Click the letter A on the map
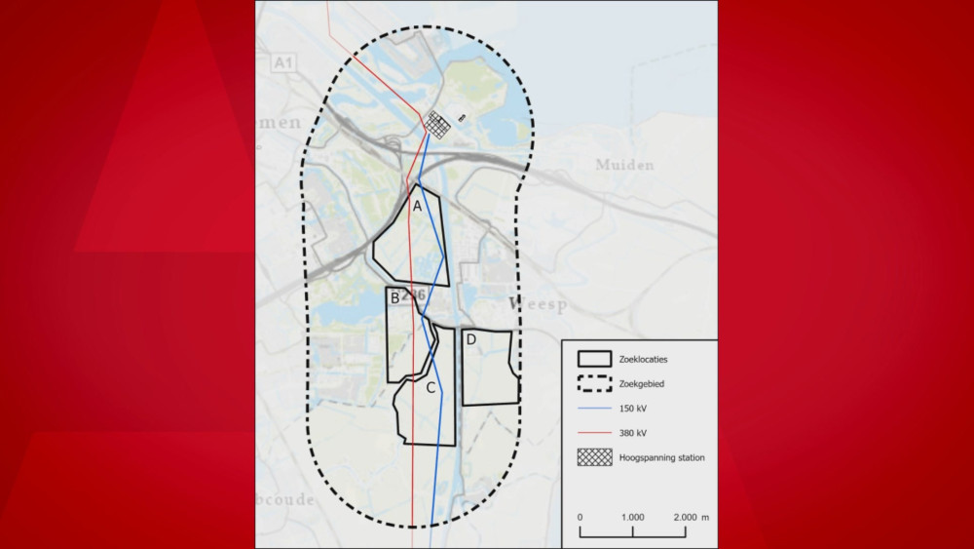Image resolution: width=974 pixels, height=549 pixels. tap(417, 206)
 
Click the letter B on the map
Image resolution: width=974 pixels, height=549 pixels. tap(394, 297)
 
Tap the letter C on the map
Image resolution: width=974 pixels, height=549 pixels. tap(431, 387)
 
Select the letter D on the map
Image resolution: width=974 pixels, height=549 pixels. tap(470, 339)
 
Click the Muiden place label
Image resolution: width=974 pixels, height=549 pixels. tap(624, 165)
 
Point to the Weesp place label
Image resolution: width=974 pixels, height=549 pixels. tap(537, 305)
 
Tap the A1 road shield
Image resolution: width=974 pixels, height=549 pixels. tap(282, 63)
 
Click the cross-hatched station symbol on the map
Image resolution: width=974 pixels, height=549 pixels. tap(438, 124)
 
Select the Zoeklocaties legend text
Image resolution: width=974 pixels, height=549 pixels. tap(644, 360)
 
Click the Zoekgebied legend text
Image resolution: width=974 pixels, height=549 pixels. tap(641, 384)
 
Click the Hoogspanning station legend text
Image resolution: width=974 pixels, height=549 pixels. tap(661, 456)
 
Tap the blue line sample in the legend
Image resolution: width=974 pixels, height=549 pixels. tap(594, 409)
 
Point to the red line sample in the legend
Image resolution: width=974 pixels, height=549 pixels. tap(594, 432)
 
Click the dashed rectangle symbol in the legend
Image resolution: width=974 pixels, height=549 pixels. tap(594, 384)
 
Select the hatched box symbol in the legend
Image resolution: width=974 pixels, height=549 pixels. tap(594, 456)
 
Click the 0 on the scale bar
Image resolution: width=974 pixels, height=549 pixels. tap(580, 517)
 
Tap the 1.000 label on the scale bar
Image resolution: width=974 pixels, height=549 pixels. tap(632, 517)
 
